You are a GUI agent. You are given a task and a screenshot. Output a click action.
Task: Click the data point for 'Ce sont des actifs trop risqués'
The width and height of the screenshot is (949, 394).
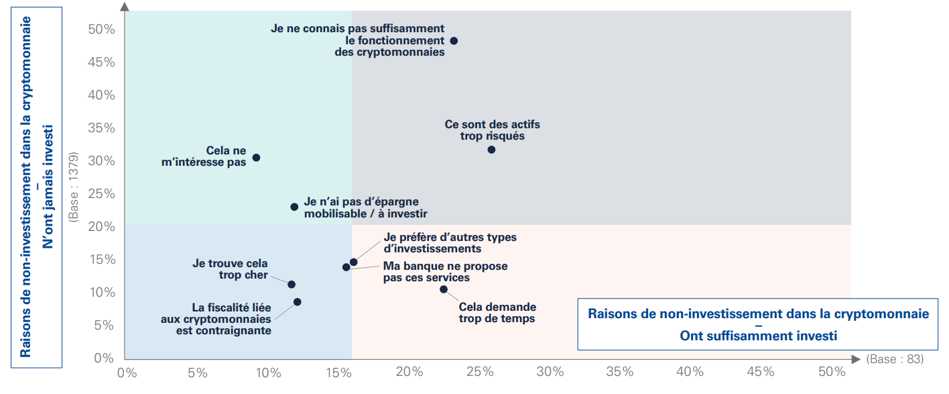(491, 150)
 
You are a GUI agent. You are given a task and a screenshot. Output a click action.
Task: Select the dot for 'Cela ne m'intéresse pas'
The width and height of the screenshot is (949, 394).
(256, 158)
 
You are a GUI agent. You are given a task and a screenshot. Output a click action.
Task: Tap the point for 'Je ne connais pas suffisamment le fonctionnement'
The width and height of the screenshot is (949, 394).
(454, 41)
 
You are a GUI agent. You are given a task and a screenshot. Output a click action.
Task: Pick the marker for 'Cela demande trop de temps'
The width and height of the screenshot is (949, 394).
(444, 289)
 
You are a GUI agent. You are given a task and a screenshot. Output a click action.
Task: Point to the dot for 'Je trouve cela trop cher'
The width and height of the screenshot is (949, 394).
(292, 285)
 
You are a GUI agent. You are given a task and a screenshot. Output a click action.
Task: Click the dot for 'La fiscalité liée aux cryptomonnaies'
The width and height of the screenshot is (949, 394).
(298, 302)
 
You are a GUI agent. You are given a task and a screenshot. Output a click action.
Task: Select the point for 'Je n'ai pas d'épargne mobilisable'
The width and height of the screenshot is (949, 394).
(294, 207)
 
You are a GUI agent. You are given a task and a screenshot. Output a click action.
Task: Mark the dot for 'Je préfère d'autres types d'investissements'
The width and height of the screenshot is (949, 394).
(354, 262)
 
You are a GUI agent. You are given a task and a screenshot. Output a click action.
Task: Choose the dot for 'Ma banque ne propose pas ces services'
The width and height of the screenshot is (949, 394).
(346, 267)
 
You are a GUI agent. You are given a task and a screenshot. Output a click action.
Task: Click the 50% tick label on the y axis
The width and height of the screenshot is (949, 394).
(101, 30)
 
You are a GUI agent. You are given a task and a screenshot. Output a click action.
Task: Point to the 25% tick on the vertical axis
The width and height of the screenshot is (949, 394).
(101, 194)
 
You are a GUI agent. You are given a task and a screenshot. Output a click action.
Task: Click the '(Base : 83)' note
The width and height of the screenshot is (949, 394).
(894, 360)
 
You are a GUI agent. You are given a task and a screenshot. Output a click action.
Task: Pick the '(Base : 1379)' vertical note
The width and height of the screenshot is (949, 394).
(74, 188)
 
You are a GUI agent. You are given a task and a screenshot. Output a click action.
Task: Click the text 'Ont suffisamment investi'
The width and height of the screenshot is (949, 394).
(758, 336)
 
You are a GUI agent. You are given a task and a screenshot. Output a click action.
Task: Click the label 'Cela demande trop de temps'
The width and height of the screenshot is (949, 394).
(497, 313)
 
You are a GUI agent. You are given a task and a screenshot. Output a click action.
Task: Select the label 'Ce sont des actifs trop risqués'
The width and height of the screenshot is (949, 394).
(492, 130)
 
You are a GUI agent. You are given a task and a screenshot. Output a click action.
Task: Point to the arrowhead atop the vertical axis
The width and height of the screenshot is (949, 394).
(125, 7)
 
